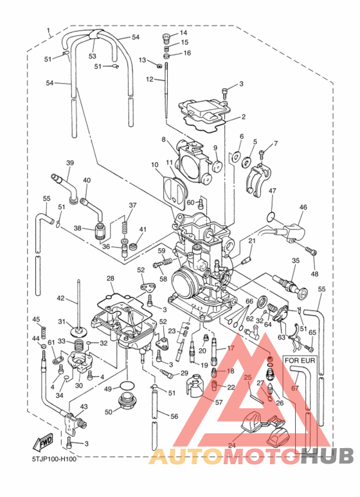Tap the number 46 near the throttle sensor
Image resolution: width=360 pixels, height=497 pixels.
pos(303,208)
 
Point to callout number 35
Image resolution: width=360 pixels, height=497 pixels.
pos(296,260)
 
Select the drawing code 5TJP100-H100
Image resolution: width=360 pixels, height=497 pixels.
pos(54,459)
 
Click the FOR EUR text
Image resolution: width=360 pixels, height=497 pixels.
pos(299,361)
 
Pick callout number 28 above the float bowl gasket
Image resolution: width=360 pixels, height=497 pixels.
pos(110,278)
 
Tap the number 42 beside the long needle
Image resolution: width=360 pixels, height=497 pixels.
pos(61,298)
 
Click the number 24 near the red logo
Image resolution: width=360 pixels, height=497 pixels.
pos(231,445)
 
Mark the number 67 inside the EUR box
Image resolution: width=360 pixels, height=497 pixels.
pos(295,388)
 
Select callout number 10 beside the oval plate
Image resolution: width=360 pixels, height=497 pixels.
pos(155,165)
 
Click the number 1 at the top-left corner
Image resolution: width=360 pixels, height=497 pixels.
pos(48,30)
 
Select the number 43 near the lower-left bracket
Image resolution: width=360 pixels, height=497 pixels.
pos(83,406)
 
